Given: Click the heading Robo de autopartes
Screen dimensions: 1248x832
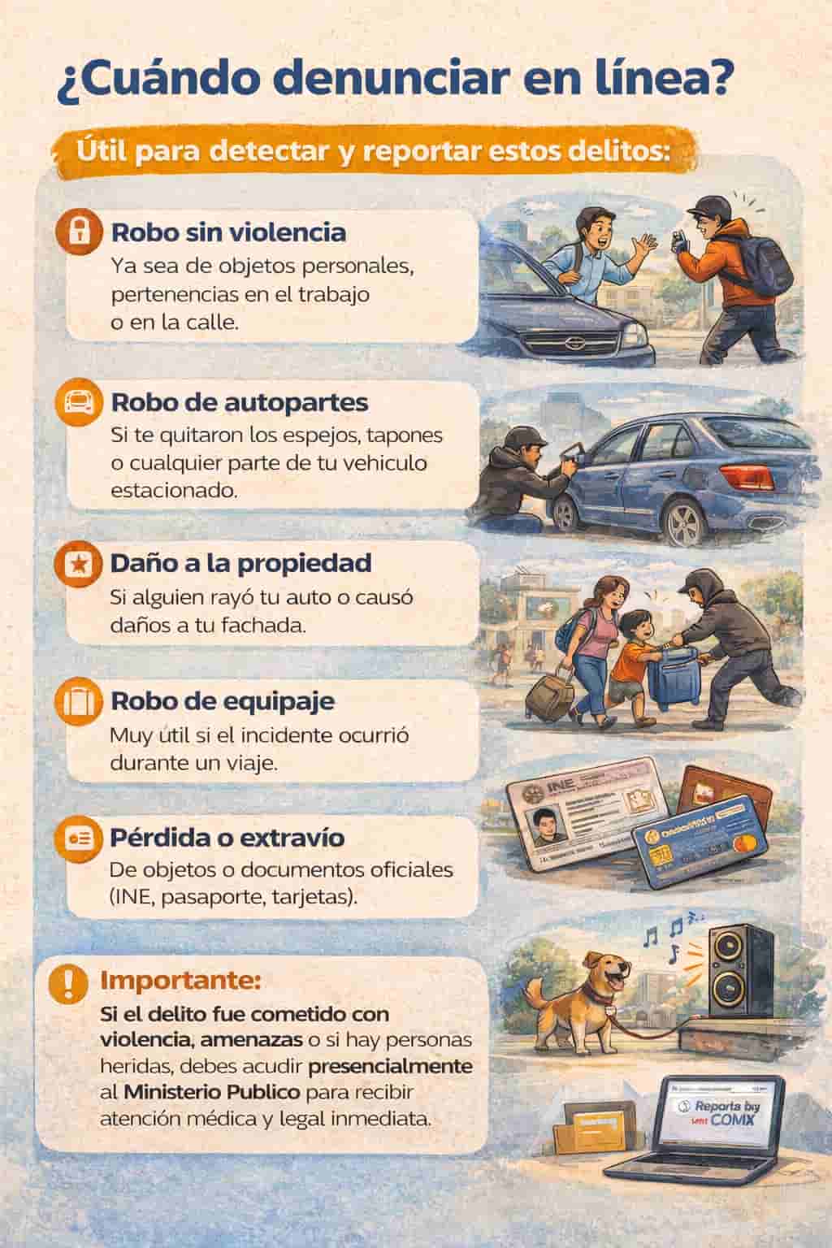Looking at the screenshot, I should click(x=239, y=402).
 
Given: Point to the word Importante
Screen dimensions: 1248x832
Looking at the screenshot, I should click(x=180, y=981).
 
